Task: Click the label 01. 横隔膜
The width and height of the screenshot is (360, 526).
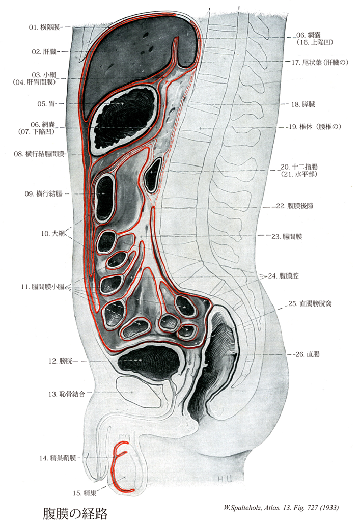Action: click(x=44, y=26)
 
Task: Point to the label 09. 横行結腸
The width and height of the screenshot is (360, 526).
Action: click(x=42, y=193)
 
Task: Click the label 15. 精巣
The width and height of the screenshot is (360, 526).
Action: click(x=85, y=492)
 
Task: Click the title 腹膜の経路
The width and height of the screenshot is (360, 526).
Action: click(x=76, y=511)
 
